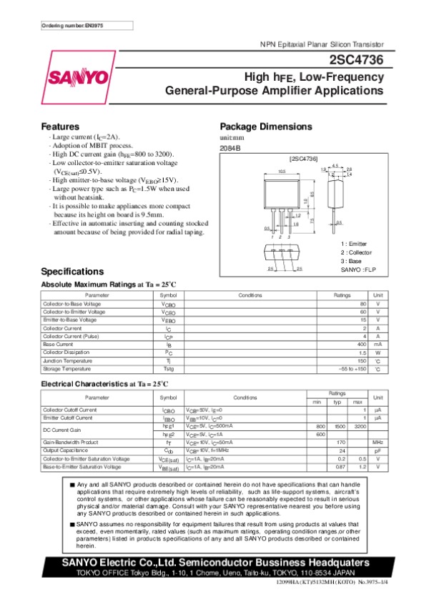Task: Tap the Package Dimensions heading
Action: coord(263,127)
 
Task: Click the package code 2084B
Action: coord(230,148)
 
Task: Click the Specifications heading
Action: coord(74,272)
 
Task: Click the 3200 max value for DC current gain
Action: coord(360,425)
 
